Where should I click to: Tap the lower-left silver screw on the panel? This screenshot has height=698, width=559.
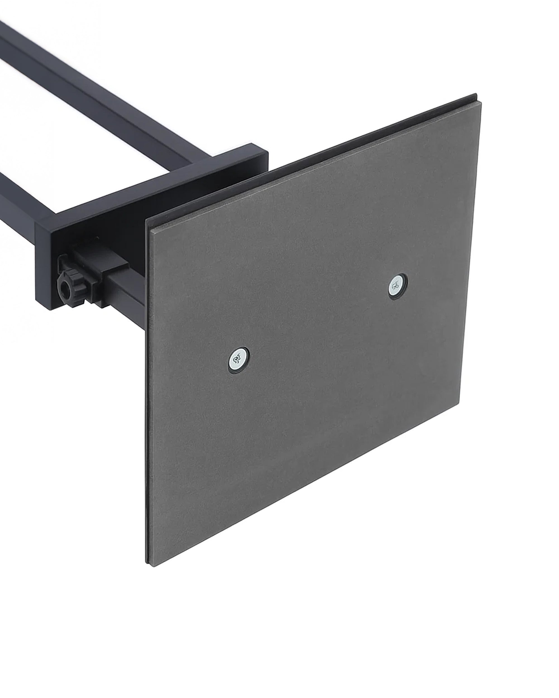point(239,359)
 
